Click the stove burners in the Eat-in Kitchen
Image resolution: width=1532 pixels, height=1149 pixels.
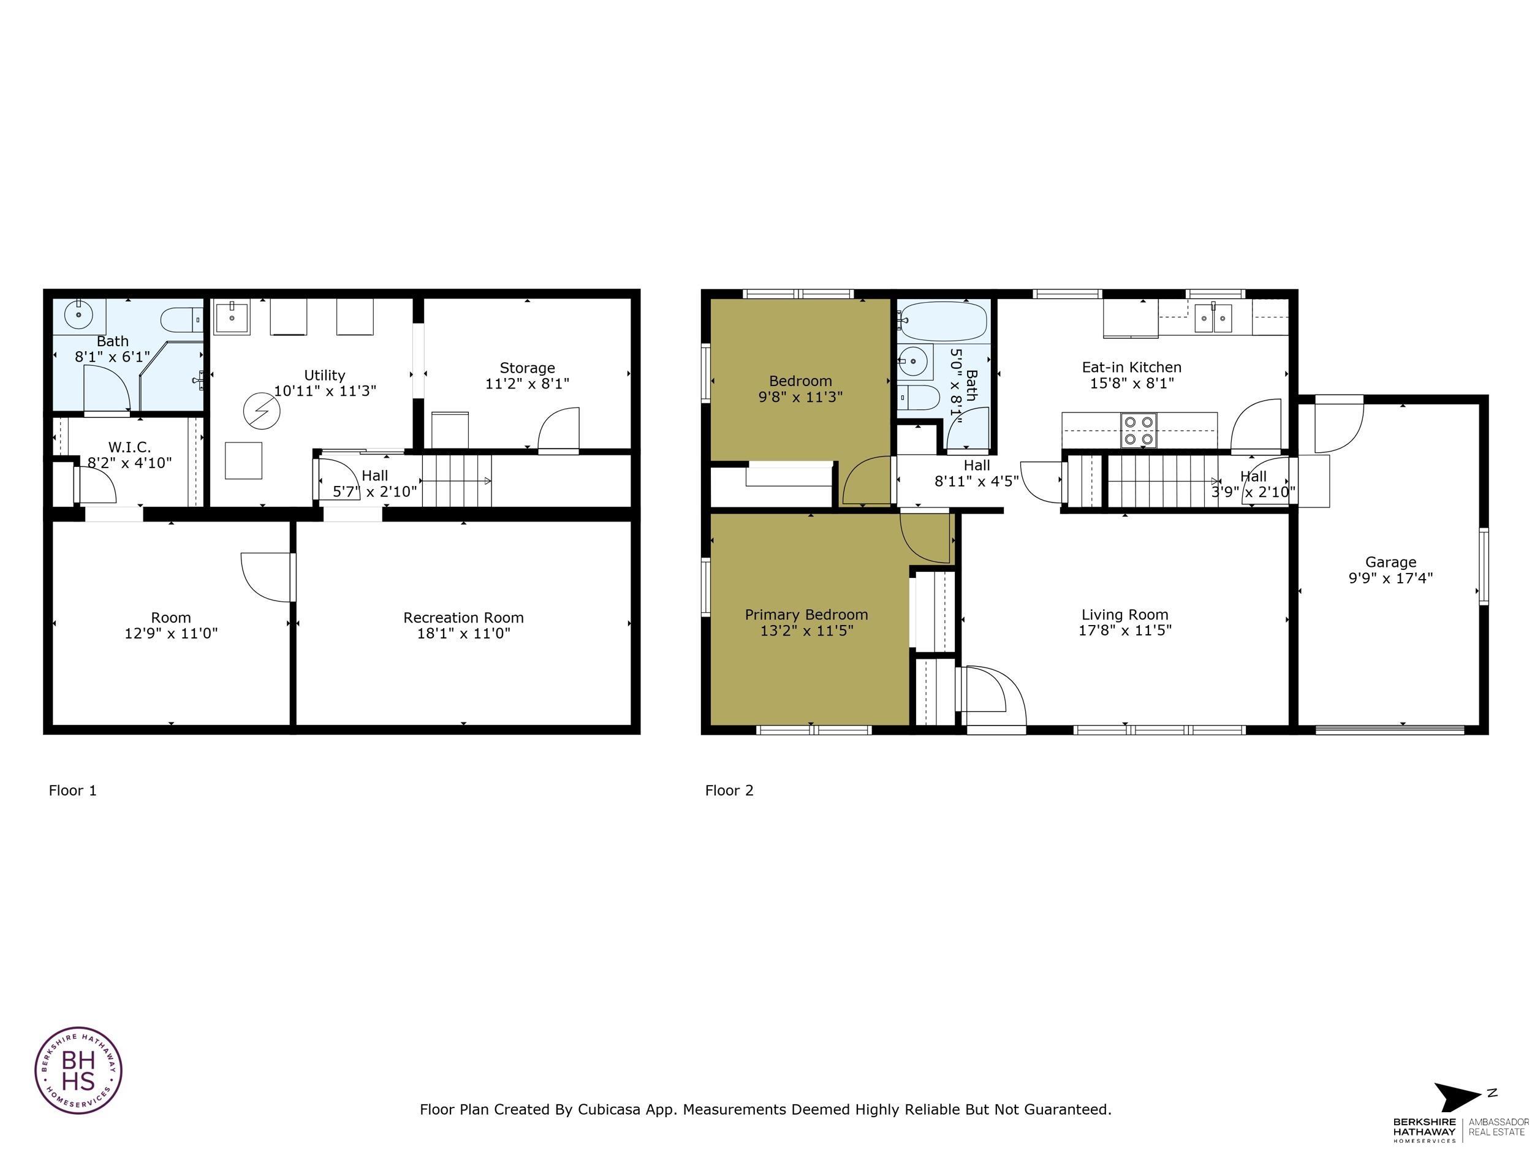[1139, 430]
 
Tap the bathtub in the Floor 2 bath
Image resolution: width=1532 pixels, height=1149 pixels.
[943, 320]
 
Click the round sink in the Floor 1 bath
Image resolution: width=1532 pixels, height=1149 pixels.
[79, 315]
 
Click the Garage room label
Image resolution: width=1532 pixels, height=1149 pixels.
[1390, 562]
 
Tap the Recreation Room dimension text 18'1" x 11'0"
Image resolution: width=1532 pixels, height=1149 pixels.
[463, 633]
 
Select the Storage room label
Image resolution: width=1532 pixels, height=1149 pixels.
[527, 368]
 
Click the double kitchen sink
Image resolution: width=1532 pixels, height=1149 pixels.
[1213, 319]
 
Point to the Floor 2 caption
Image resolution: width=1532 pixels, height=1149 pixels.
[729, 791]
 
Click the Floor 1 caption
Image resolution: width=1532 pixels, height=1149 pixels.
[73, 791]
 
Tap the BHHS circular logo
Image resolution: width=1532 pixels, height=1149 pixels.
[78, 1070]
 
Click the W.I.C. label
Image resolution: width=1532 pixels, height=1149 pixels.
[129, 447]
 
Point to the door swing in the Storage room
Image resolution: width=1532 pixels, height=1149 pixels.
[558, 430]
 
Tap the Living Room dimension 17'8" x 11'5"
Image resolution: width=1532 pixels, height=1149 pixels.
[1124, 630]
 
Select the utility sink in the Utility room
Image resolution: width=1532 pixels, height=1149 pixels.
[231, 319]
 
